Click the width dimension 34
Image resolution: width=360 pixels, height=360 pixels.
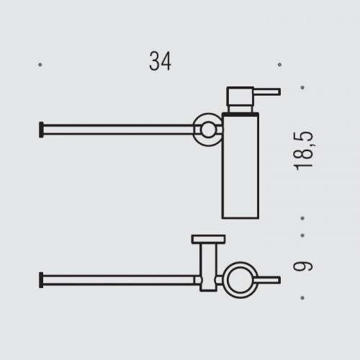tap(161, 63)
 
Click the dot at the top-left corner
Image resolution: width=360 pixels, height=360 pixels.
tap(40, 64)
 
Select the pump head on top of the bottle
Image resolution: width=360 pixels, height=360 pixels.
tap(237, 97)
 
